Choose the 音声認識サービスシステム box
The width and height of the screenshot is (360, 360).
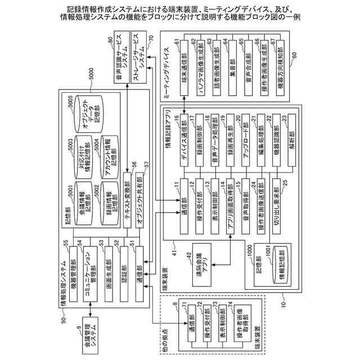(121, 59)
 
